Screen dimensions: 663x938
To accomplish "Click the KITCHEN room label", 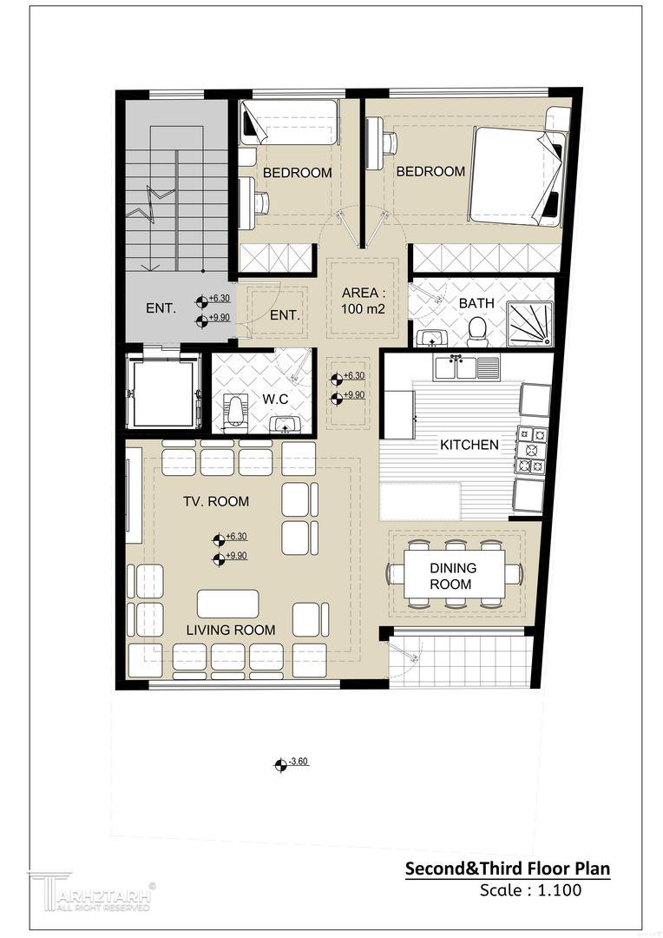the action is pyautogui.click(x=469, y=445).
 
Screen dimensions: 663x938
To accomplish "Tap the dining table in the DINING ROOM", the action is pyautogui.click(x=454, y=575).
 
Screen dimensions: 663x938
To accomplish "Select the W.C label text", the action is pyautogui.click(x=276, y=399).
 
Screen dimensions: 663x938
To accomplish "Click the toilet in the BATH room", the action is pyautogui.click(x=476, y=332).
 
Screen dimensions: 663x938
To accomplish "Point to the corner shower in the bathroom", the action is pyautogui.click(x=529, y=324).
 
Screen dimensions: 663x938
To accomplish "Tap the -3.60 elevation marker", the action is pyautogui.click(x=291, y=763).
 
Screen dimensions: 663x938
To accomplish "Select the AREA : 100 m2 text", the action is pyautogui.click(x=363, y=301).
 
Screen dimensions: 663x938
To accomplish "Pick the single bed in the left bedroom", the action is pyautogui.click(x=289, y=122).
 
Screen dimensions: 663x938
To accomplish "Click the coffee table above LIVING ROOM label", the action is pyautogui.click(x=227, y=604).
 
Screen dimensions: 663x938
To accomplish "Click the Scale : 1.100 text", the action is pyautogui.click(x=530, y=889).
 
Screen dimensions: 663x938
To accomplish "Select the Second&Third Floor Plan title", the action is pyautogui.click(x=508, y=868).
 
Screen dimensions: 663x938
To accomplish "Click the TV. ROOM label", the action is pyautogui.click(x=216, y=501).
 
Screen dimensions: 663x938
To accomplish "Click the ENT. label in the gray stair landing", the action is pyautogui.click(x=161, y=308).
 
